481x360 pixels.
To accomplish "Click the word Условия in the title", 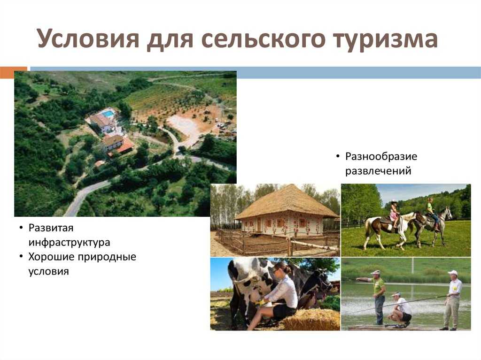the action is point(88,39).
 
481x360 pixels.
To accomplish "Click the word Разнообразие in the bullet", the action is point(381,157).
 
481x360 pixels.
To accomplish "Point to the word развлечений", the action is point(378,171).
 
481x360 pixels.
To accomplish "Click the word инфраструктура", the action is point(70,243).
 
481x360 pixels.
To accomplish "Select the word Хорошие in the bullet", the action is point(51,257).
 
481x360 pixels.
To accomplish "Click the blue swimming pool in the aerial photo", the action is point(108,114).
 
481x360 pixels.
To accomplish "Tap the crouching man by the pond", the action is point(399,310).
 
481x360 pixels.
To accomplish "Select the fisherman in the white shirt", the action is point(451,300).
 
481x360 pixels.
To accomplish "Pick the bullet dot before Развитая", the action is point(21,228).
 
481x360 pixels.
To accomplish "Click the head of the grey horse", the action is point(447,213).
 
